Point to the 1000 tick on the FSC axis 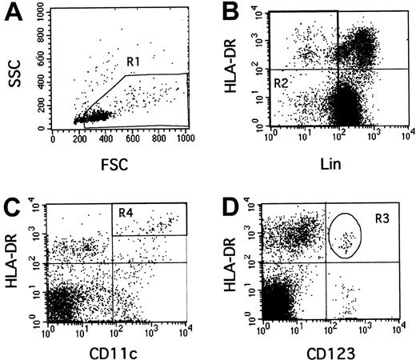click(x=186, y=137)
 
